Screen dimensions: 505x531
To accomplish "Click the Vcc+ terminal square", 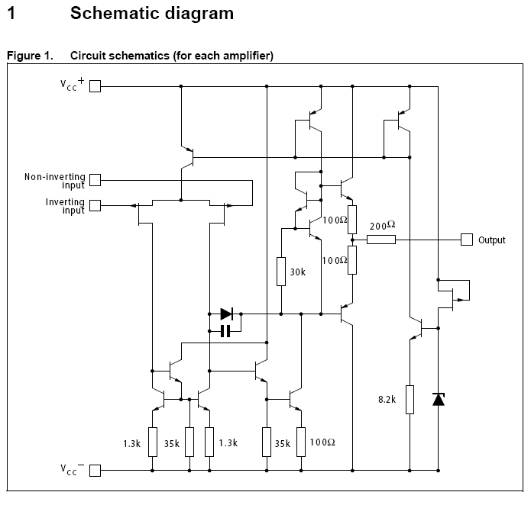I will [x=96, y=86].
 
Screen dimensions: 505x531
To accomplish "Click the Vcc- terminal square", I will [x=96, y=471].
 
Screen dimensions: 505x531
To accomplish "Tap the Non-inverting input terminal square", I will [x=96, y=180].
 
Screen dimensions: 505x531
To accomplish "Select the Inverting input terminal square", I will [x=96, y=205].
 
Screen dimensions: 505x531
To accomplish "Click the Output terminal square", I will [x=466, y=240].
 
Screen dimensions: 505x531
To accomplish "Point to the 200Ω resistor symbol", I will [x=380, y=240].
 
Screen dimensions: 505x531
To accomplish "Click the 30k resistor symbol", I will [x=282, y=270].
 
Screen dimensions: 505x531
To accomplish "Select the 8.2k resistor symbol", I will [x=410, y=399].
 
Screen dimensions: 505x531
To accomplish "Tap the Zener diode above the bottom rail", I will [x=439, y=398].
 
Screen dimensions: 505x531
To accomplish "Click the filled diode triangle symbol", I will [x=227, y=314].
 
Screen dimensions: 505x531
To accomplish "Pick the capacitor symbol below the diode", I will [x=225, y=331].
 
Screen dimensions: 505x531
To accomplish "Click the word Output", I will [x=492, y=240].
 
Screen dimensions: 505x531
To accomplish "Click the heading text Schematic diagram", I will [x=152, y=14].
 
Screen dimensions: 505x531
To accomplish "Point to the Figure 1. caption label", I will [x=30, y=56].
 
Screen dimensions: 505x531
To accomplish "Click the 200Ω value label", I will [x=382, y=226].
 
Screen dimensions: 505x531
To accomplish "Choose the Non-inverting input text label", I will [x=55, y=177].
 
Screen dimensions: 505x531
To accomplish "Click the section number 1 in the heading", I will [x=11, y=14].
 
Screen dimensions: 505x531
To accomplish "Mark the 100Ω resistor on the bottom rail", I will [x=303, y=441].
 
